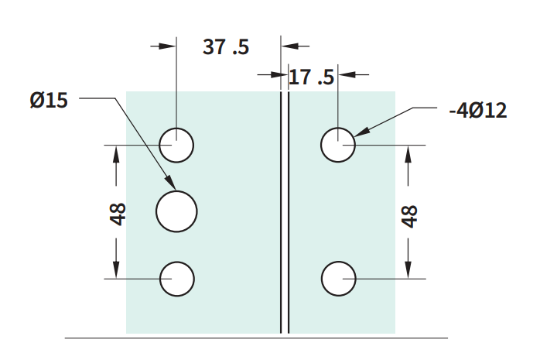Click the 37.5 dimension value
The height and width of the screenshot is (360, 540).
click(x=226, y=47)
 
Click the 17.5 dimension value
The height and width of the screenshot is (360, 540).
click(x=311, y=77)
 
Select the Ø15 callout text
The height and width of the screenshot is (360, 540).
click(x=49, y=100)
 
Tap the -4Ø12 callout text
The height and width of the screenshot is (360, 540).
click(x=478, y=111)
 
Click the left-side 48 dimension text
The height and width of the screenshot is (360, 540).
click(x=118, y=214)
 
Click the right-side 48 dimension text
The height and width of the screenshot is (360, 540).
click(x=409, y=216)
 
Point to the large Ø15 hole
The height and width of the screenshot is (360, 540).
click(x=176, y=211)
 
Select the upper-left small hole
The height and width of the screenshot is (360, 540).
click(x=176, y=145)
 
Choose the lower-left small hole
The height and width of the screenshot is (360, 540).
click(x=177, y=279)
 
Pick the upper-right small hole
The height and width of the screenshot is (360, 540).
click(x=338, y=145)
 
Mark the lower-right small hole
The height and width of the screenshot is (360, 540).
click(x=339, y=279)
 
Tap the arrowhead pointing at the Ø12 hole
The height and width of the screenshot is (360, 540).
click(x=362, y=132)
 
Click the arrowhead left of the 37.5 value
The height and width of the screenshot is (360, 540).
click(x=168, y=46)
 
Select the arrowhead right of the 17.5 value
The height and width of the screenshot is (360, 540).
click(x=347, y=74)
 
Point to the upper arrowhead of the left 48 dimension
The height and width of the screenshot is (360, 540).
click(x=116, y=153)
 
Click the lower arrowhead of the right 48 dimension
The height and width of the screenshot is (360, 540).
click(x=408, y=269)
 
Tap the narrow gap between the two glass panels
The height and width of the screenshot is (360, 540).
click(x=285, y=212)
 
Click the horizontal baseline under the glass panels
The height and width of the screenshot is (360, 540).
click(x=256, y=338)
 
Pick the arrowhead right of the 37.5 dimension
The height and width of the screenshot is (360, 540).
click(x=289, y=46)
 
